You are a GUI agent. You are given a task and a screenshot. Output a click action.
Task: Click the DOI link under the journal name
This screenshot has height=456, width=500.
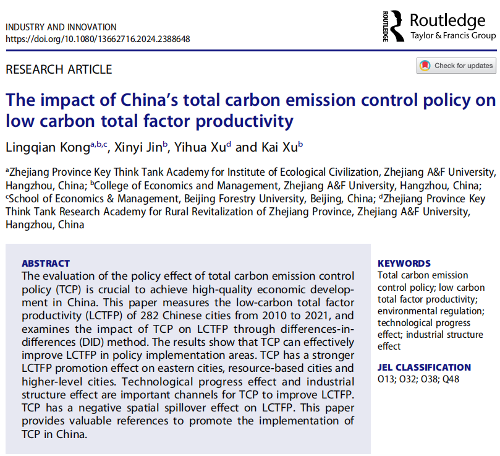98,38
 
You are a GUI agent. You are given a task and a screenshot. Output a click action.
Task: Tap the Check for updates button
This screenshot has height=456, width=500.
456,66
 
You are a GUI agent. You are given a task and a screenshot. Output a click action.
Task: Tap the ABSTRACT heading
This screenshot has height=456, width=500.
46,263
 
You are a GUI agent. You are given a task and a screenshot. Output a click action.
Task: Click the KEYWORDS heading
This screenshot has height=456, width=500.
404,263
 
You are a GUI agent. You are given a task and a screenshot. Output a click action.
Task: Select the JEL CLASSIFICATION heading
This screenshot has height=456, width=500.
423,367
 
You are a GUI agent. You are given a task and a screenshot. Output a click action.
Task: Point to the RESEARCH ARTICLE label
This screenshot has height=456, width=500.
59,69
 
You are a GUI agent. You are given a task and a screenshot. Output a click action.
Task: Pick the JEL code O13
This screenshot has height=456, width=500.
388,379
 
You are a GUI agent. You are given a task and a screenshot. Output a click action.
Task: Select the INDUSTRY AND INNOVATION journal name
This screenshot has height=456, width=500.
61,27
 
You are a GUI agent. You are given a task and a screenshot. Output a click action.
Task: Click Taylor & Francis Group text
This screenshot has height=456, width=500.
452,36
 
